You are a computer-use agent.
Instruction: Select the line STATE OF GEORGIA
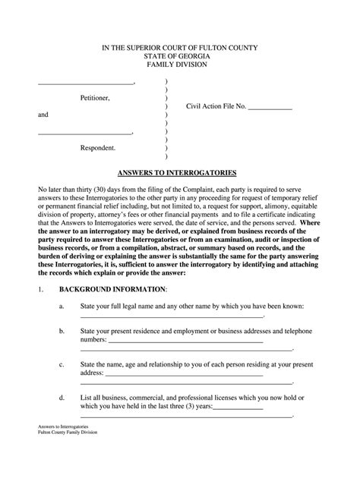[x=180, y=57]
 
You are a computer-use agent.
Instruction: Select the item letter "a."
[x=61, y=286]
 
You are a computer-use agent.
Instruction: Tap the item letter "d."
[x=61, y=398]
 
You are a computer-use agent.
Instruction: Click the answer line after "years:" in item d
[x=238, y=409]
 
